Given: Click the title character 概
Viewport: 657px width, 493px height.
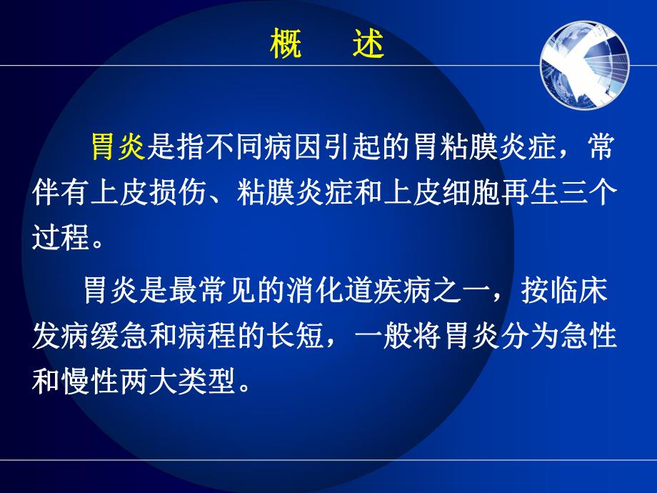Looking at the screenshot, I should (x=284, y=44).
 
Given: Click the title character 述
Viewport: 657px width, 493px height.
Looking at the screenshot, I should (x=368, y=44).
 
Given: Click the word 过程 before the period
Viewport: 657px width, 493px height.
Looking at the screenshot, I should (x=61, y=237).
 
